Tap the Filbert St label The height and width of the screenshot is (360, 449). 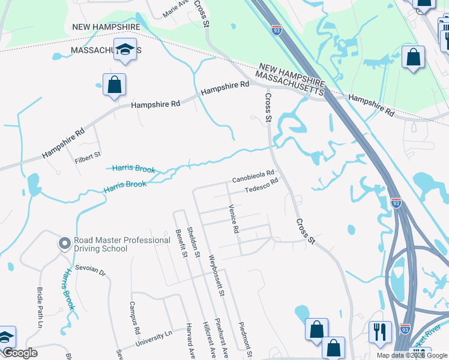point(86,157)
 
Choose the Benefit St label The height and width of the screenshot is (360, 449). point(178,244)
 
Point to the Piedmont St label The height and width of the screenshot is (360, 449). point(245,334)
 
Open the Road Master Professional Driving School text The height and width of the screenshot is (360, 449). point(122,244)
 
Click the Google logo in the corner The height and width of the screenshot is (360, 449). point(20,353)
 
